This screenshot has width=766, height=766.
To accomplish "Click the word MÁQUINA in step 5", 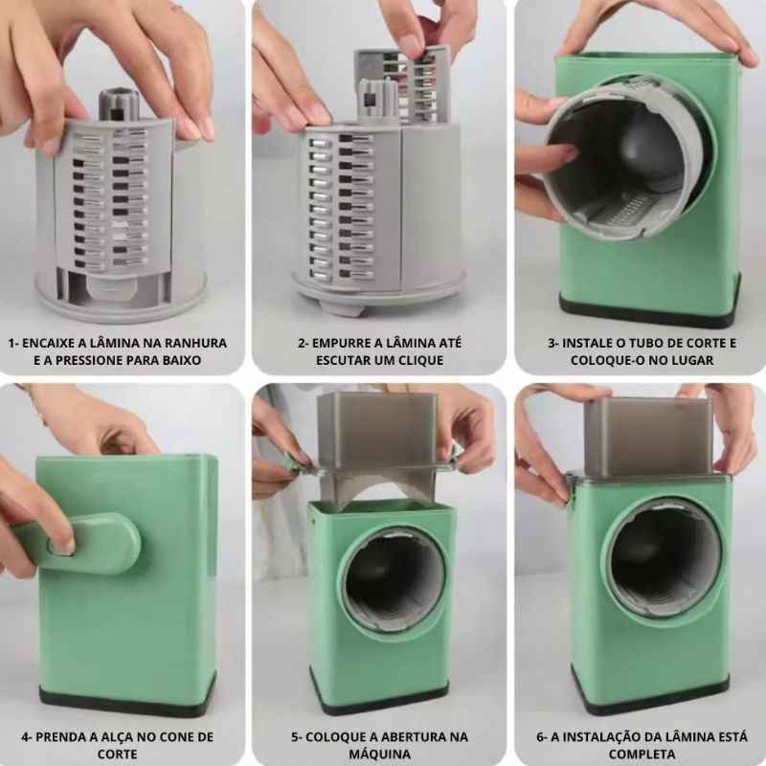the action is pos(379,754).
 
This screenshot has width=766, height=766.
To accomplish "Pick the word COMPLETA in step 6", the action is pos(642,754).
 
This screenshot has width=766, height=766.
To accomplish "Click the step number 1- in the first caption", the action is pos(13,343).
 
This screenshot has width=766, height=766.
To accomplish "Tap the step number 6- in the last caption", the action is pos(542,736).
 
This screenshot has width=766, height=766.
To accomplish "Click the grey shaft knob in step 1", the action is pos(119,103).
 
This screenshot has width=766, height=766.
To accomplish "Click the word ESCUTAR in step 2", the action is pos(355,361).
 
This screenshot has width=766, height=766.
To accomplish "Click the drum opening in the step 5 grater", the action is pos(394,580).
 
